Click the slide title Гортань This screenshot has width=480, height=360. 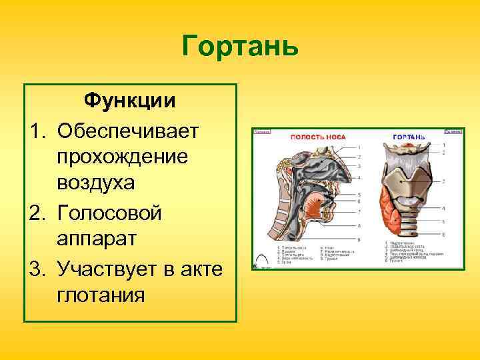coord(240,47)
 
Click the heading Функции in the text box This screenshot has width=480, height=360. coord(129,101)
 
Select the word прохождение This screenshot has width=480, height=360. coord(123,157)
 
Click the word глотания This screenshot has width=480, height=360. coord(101,294)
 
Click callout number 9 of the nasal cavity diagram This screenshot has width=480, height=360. coord(359,239)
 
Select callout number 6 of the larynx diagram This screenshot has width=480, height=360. coord(443,235)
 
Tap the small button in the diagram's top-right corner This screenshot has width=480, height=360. coord(454,132)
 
